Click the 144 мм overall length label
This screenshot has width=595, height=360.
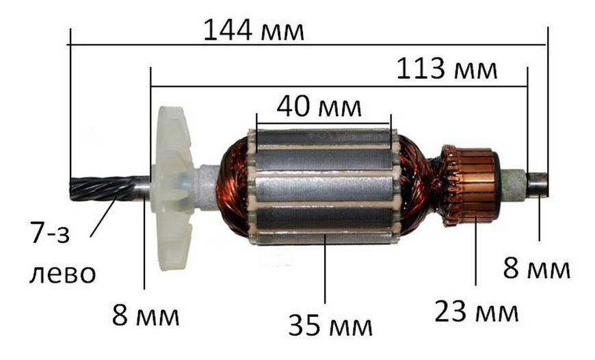coord(254,30)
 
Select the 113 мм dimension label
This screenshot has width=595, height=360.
coord(447,69)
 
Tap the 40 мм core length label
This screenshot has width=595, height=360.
coord(319,107)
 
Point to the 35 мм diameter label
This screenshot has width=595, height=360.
coord(330,326)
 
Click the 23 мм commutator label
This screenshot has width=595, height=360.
coord(476,311)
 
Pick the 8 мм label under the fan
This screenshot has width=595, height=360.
coord(146,316)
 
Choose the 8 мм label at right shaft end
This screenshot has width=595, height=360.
coord(537,268)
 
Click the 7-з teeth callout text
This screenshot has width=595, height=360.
coord(51,233)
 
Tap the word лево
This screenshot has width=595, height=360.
coord(63,273)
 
